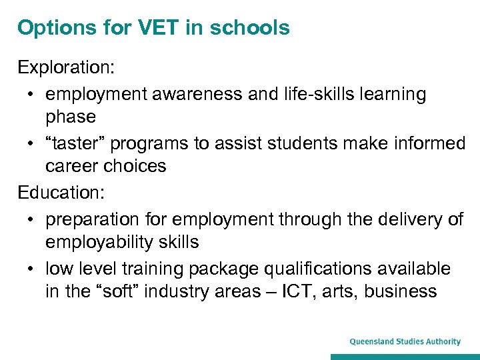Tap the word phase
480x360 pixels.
pos(71,117)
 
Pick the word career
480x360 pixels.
pos(72,166)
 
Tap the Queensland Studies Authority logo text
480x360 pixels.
pos(405,342)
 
